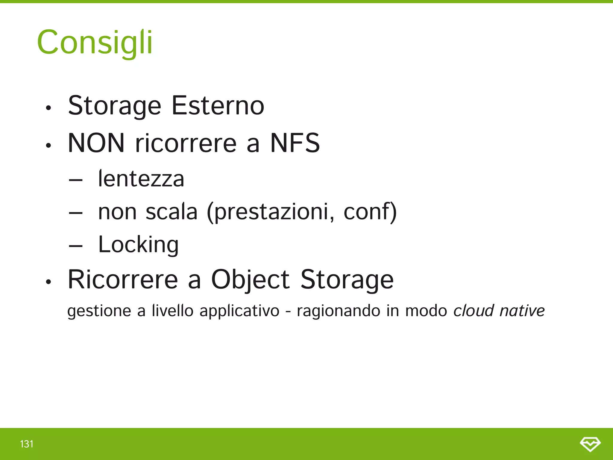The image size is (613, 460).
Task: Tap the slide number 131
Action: click(27, 444)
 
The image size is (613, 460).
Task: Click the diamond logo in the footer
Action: click(590, 444)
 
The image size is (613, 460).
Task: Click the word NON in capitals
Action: click(96, 143)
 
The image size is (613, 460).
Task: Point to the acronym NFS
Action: click(295, 143)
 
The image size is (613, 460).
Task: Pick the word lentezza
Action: click(141, 179)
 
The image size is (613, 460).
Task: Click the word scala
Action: click(172, 212)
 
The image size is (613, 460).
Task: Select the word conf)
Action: click(370, 212)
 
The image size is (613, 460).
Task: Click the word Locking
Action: click(138, 245)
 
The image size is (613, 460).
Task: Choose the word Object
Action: click(250, 280)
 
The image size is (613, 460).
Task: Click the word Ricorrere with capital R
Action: click(123, 280)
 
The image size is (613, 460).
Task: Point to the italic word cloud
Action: click(474, 311)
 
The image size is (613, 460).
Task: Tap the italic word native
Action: click(522, 311)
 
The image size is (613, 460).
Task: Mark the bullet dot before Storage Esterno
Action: click(48, 108)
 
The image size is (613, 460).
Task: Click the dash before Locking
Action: click(75, 246)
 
